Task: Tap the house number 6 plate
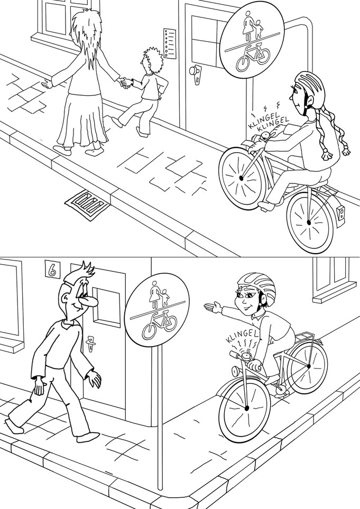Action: click(51, 269)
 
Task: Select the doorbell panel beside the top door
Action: click(169, 44)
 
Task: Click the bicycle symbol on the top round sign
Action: click(253, 57)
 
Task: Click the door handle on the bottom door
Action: click(89, 344)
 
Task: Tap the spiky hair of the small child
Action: click(152, 59)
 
